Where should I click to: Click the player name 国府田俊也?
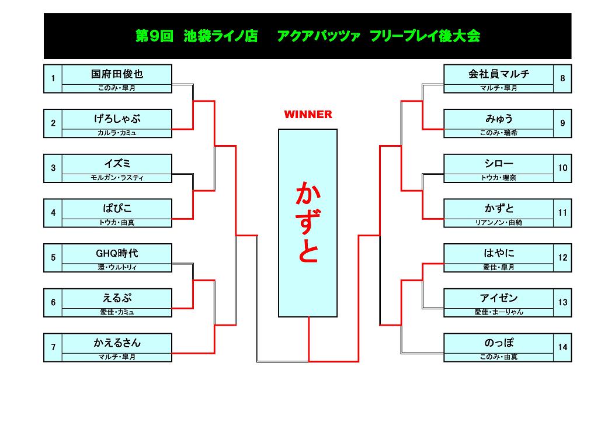(x=117, y=74)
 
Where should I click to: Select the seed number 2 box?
(x=53, y=123)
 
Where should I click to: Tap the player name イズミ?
(x=117, y=164)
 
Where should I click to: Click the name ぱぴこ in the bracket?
(x=117, y=209)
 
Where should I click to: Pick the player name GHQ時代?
(x=117, y=254)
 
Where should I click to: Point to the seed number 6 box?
(x=53, y=303)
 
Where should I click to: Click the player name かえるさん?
(x=117, y=343)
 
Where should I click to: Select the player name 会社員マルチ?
(x=498, y=74)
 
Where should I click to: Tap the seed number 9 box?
(x=562, y=123)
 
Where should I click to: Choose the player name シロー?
(x=498, y=164)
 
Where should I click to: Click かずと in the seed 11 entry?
(x=498, y=209)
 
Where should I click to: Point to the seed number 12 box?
(x=562, y=258)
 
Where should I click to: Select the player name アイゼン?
(x=498, y=298)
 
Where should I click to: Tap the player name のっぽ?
(x=498, y=343)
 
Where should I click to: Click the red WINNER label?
(x=308, y=115)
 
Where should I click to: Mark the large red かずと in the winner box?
(x=308, y=222)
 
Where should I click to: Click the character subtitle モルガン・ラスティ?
(x=117, y=178)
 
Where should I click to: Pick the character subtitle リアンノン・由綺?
(x=498, y=223)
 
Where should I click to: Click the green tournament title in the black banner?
(x=308, y=36)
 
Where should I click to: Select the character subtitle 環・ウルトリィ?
(x=117, y=267)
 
